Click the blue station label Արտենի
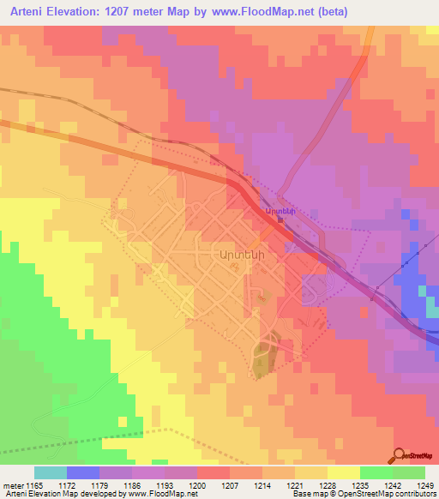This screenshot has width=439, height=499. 280,210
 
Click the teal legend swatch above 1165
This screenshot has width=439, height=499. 51,472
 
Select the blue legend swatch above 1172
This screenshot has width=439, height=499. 83,472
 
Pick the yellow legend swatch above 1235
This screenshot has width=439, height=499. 344,472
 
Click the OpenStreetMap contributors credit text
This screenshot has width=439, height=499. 389,495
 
